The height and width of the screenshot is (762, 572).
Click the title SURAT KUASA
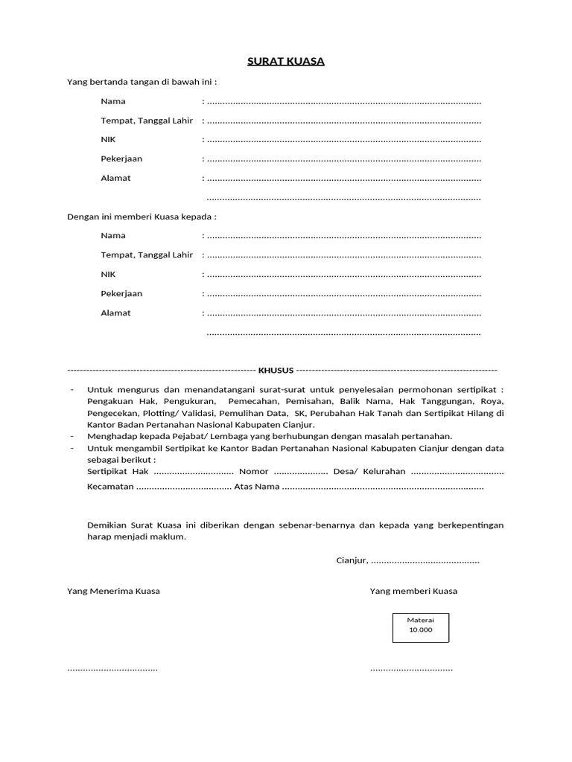pyautogui.click(x=286, y=61)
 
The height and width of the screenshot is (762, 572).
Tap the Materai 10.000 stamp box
pyautogui.click(x=421, y=625)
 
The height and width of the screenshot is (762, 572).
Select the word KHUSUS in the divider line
pyautogui.click(x=276, y=370)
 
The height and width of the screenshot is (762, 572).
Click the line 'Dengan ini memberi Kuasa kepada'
pyautogui.click(x=142, y=217)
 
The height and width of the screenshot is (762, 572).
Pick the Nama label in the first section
pyautogui.click(x=113, y=101)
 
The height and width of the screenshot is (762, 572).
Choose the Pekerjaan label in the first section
pyautogui.click(x=121, y=159)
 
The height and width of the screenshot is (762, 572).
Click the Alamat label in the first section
pyautogui.click(x=115, y=178)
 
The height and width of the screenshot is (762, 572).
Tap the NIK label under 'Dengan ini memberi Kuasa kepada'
pyautogui.click(x=108, y=274)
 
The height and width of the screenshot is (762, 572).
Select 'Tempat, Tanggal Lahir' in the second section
pyautogui.click(x=147, y=254)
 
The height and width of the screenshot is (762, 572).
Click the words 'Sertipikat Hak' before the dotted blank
pyautogui.click(x=118, y=472)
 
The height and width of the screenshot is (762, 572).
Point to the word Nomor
pyautogui.click(x=253, y=472)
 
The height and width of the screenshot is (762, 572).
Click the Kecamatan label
pyautogui.click(x=110, y=487)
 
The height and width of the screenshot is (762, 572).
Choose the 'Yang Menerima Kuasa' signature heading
pyautogui.click(x=113, y=591)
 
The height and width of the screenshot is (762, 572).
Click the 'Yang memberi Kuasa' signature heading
pyautogui.click(x=413, y=591)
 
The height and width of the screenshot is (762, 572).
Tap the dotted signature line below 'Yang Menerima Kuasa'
pyautogui.click(x=112, y=668)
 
